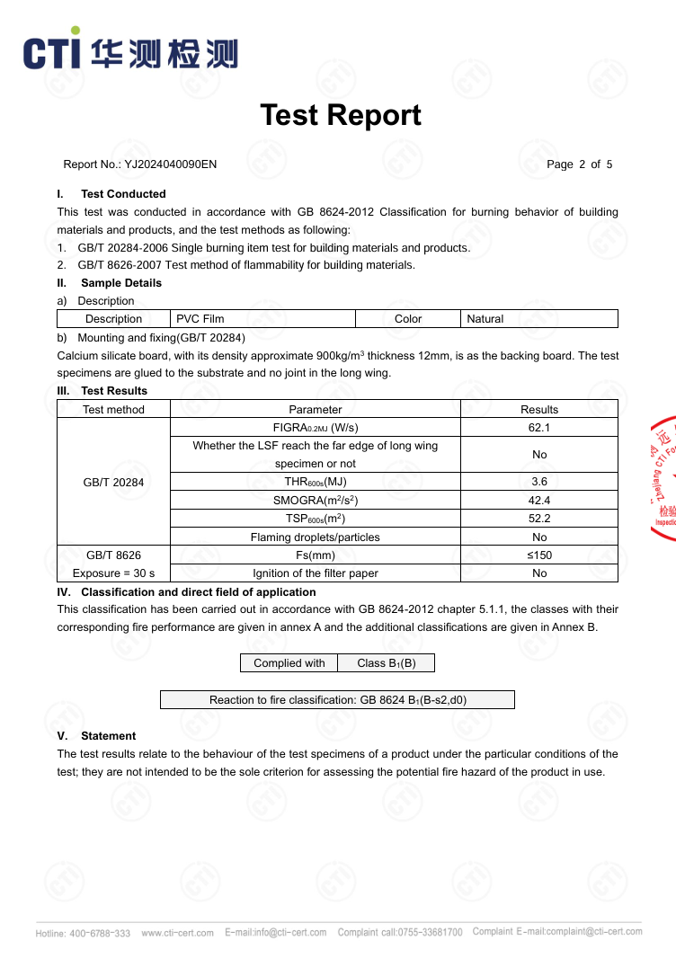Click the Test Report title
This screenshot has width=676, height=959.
tap(340, 115)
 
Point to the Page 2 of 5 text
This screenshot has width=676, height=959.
tap(579, 164)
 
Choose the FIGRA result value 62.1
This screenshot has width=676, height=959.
tap(539, 428)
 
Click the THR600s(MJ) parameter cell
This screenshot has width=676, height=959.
tap(315, 482)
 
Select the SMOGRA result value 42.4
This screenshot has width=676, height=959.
tap(539, 501)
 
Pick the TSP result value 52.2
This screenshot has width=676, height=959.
tap(539, 519)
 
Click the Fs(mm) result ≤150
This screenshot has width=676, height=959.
tap(539, 555)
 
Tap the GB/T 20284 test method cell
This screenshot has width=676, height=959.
tap(113, 482)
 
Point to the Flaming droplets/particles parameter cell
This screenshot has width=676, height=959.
tap(315, 537)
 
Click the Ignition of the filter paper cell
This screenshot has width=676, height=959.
tap(315, 573)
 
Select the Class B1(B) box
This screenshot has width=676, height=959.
tap(386, 663)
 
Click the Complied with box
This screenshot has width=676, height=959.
tap(289, 663)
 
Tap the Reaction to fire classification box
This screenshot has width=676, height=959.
tap(337, 700)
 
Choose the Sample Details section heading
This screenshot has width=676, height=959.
tap(121, 283)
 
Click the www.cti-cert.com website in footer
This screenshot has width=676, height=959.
tap(178, 933)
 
